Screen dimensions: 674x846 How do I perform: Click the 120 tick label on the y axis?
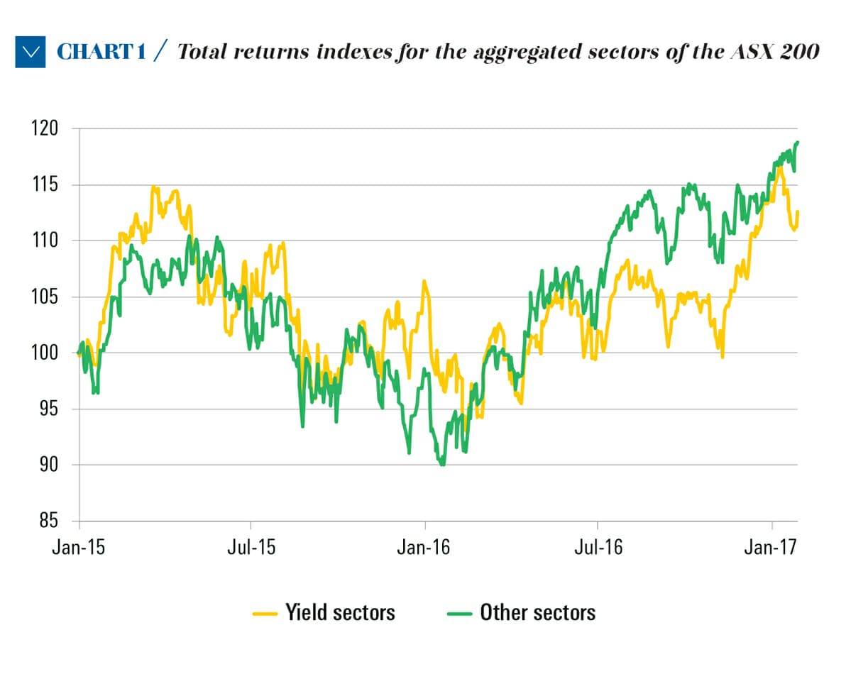coord(45,129)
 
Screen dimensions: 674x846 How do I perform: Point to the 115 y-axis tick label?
coord(45,185)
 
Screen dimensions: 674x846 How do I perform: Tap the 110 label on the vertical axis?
coord(45,241)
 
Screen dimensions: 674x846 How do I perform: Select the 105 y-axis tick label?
coord(45,297)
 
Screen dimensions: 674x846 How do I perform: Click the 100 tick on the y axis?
coord(45,353)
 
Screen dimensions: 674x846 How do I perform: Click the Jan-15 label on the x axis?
coord(78,548)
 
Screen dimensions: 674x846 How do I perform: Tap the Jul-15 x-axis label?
coord(251,548)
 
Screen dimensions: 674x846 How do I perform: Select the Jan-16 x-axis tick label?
coord(424,548)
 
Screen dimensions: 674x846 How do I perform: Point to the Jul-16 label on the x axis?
coord(598,548)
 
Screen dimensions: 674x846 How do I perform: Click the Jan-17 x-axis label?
coord(771,548)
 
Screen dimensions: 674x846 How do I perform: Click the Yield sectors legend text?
coord(340,612)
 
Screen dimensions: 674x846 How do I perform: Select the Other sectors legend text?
coord(538,612)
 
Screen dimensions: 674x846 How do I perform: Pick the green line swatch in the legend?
coord(461,612)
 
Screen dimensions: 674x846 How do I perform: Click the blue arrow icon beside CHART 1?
coord(30,52)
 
